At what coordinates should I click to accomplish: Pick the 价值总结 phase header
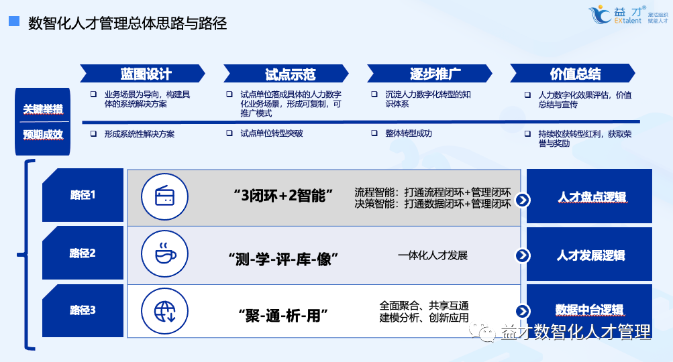tap(574, 74)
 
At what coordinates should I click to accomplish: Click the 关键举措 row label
tap(43, 109)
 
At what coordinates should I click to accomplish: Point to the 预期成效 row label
tap(43, 134)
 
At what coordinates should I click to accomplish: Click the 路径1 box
tap(83, 196)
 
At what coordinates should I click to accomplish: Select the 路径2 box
tap(83, 253)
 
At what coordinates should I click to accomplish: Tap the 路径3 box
tap(83, 310)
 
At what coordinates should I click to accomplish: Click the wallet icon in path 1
tap(164, 196)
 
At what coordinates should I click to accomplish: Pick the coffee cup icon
tap(164, 254)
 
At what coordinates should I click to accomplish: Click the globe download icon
tap(164, 311)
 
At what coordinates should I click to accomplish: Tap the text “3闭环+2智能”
tap(283, 196)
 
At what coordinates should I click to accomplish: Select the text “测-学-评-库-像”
tap(283, 259)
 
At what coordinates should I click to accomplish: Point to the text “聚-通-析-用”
tap(283, 315)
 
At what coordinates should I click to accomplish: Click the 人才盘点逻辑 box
tap(590, 197)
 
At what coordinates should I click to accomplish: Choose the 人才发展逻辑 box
tap(590, 255)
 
